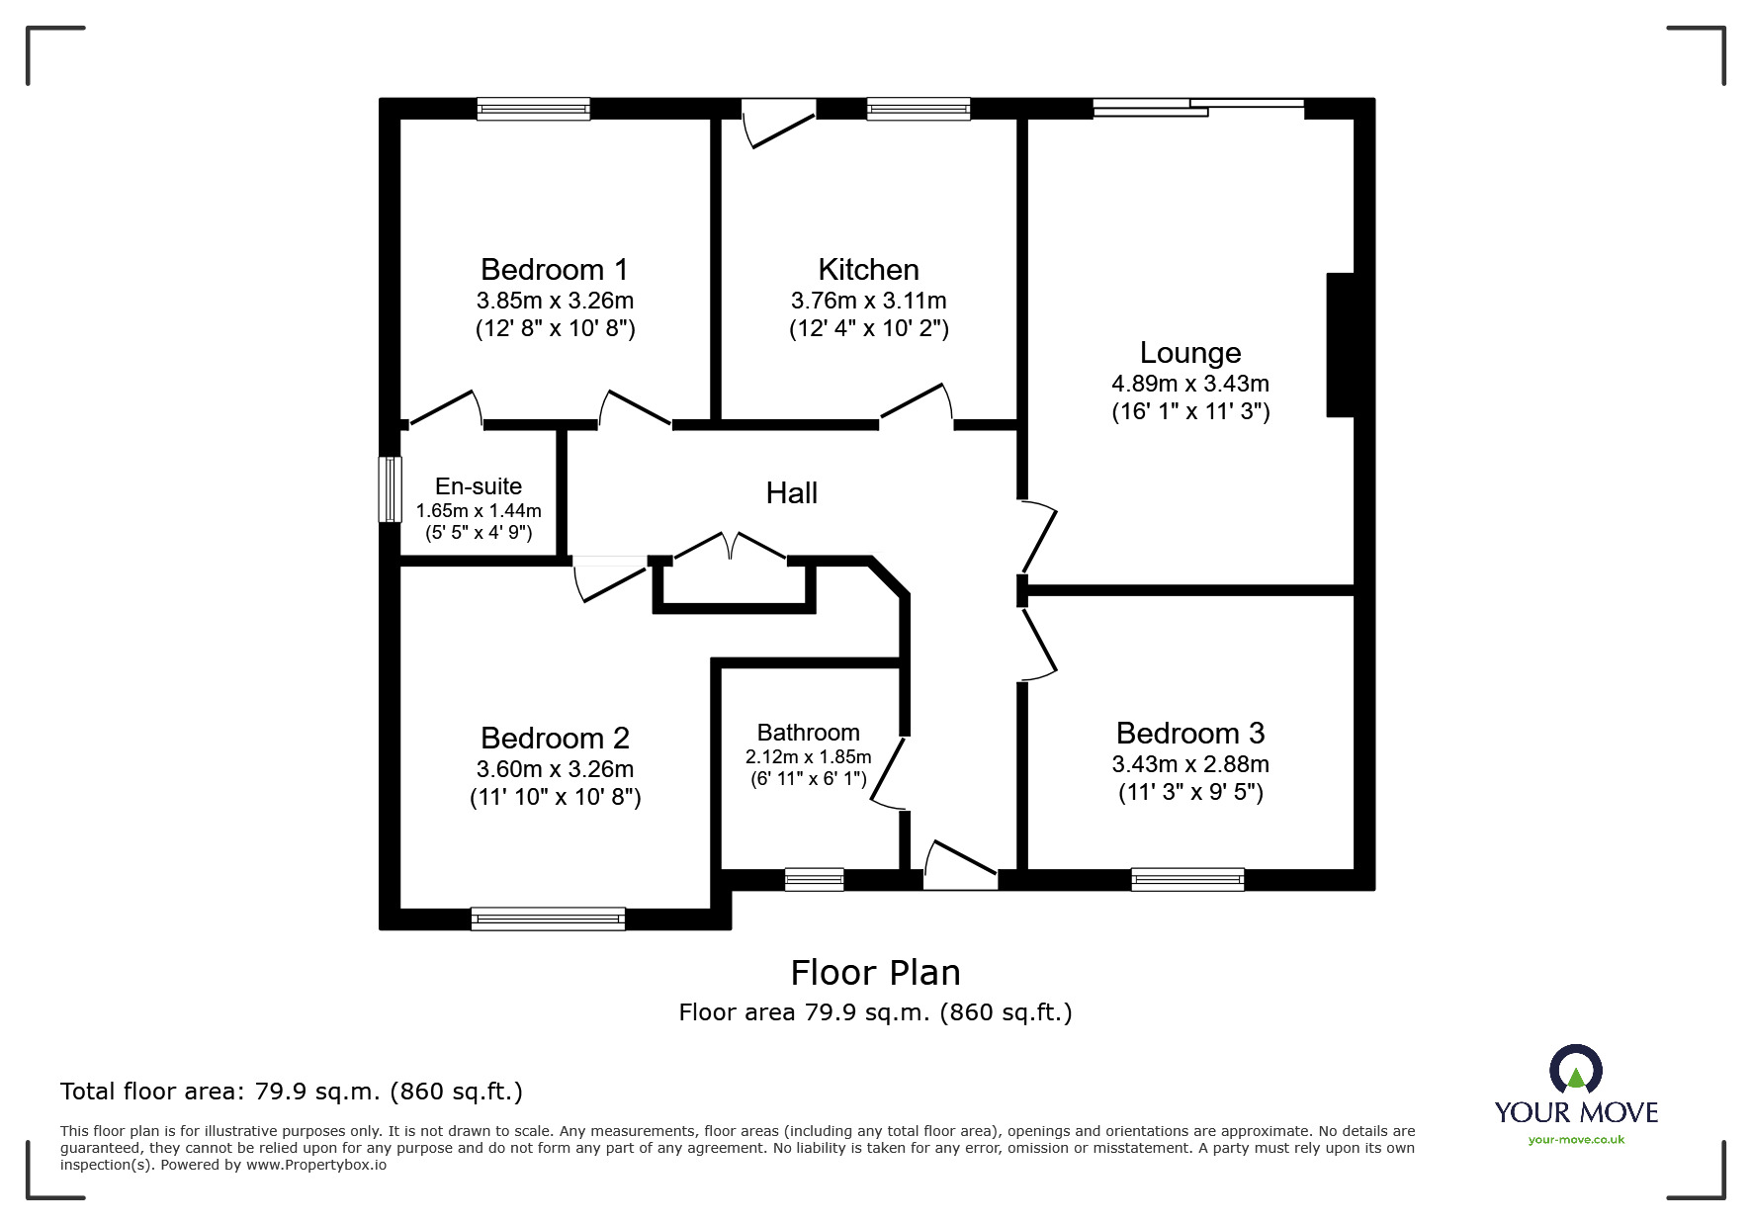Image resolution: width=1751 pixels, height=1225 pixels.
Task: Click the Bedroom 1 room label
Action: click(x=554, y=269)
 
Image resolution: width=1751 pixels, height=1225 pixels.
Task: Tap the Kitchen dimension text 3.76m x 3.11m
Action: click(x=868, y=301)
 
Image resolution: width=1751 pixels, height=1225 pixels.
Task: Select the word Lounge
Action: click(x=1190, y=353)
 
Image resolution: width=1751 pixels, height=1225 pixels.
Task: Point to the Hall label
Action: click(x=792, y=492)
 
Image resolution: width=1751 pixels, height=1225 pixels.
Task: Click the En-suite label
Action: click(x=479, y=486)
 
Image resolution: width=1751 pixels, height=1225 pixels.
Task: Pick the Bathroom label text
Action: click(x=808, y=733)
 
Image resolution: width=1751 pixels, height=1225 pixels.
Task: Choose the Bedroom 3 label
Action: click(x=1190, y=733)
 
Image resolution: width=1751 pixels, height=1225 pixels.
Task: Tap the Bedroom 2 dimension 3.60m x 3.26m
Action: click(x=555, y=769)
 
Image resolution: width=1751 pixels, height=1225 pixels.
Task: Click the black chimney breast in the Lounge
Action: click(x=1341, y=345)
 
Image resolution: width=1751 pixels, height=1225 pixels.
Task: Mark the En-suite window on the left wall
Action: click(x=392, y=488)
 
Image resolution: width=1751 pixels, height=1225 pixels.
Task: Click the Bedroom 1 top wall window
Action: click(x=533, y=109)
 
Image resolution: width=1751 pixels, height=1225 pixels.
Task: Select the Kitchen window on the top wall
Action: click(x=919, y=109)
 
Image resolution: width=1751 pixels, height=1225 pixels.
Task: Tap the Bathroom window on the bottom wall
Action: click(x=815, y=879)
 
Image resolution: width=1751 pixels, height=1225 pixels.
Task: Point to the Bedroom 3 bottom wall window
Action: click(x=1187, y=879)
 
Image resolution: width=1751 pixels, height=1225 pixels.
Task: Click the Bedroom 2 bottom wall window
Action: click(x=548, y=919)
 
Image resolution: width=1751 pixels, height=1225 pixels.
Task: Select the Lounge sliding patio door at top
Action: click(x=1198, y=108)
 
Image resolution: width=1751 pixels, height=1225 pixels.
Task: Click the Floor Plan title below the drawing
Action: click(x=875, y=973)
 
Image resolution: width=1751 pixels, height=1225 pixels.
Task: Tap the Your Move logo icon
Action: click(x=1575, y=1071)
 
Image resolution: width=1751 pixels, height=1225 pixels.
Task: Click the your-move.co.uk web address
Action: click(x=1576, y=1140)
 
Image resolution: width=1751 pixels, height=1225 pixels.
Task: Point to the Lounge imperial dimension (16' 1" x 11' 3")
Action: click(x=1190, y=411)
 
